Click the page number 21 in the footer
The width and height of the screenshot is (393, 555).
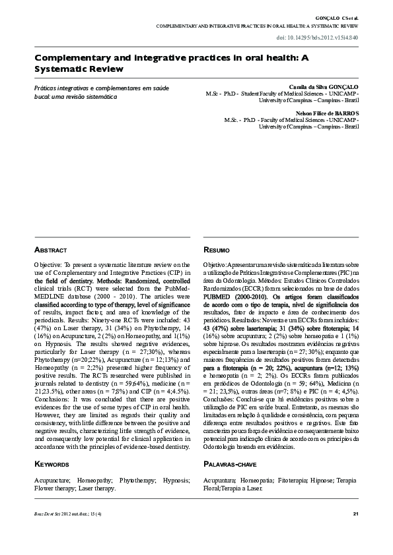tap(355, 514)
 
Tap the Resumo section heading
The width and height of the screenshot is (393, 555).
tap(217, 250)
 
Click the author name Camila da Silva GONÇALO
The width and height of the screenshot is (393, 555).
tap(324, 87)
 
